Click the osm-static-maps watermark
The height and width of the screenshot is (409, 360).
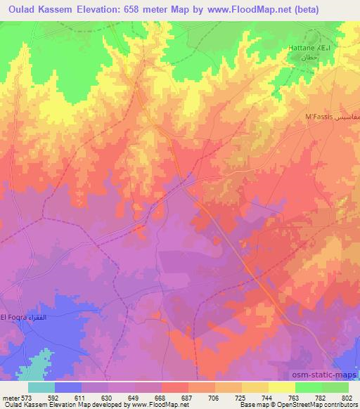tap(319, 375)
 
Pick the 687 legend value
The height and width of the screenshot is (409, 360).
tap(187, 396)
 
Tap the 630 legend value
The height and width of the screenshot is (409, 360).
tap(108, 396)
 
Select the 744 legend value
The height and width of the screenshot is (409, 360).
tap(266, 396)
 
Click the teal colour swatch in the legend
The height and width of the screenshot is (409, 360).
tap(41, 387)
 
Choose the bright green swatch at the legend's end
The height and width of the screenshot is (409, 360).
tap(335, 387)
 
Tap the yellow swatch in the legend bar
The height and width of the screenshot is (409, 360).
tap(282, 387)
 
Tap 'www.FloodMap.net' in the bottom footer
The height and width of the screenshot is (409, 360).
tap(150, 405)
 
